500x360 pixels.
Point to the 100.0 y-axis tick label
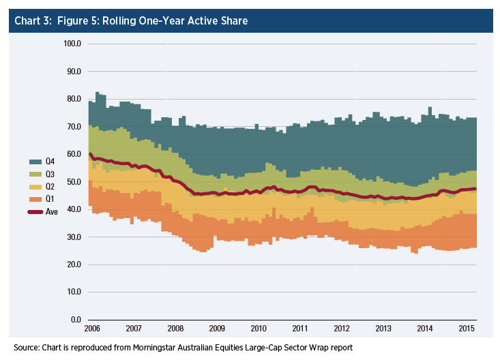pos(72,43)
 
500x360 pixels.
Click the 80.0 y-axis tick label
pos(73,98)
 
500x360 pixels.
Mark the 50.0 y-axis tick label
pos(73,181)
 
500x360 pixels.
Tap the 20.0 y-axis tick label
pos(73,265)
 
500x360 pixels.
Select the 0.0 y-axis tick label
pos(75,320)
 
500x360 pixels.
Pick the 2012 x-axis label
pos(341,329)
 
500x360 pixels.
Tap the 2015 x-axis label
pos(467,329)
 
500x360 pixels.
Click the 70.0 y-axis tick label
pos(73,126)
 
